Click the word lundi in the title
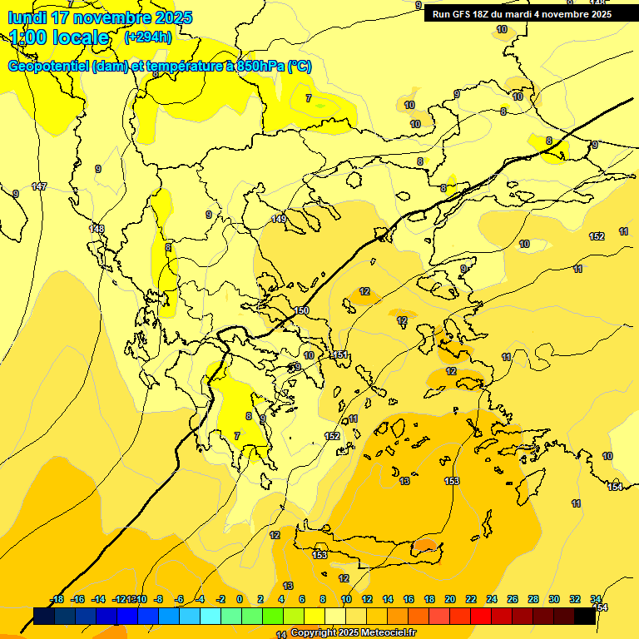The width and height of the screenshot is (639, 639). (29, 17)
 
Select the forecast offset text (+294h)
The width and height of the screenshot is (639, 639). (148, 37)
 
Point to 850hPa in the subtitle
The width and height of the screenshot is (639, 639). (260, 67)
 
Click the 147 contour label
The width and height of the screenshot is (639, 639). (39, 186)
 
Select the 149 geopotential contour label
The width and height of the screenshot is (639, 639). (279, 219)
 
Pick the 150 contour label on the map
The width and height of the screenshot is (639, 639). (301, 310)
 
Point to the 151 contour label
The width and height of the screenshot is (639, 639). (339, 355)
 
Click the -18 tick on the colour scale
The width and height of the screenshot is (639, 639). (57, 599)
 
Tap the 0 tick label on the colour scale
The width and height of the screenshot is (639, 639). (240, 599)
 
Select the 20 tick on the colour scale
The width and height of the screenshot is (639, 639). (450, 599)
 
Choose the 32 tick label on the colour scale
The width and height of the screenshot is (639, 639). (575, 599)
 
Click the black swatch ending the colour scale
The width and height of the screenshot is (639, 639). (585, 616)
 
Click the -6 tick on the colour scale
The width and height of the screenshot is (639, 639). (178, 599)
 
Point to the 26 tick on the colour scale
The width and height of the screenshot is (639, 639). (513, 599)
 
